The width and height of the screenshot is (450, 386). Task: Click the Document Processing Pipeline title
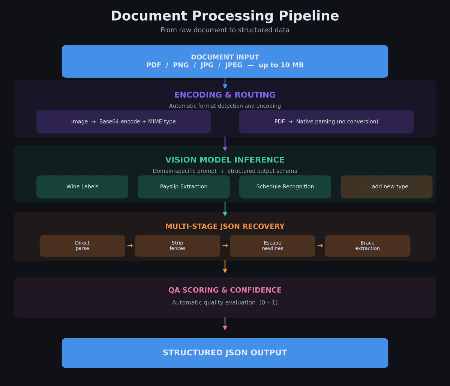(x=225, y=17)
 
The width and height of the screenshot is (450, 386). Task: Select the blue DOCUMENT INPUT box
(x=225, y=61)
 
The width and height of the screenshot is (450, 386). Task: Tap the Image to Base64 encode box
(x=123, y=122)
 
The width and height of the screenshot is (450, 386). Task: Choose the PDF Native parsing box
(x=326, y=122)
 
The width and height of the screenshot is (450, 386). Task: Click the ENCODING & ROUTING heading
(x=225, y=95)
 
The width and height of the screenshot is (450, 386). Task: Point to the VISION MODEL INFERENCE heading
(x=225, y=160)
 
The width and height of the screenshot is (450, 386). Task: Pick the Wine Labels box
(x=82, y=187)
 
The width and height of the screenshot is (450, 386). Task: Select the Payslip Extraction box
(x=184, y=187)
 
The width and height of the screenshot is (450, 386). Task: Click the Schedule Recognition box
(x=285, y=187)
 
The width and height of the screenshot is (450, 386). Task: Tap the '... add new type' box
(x=386, y=187)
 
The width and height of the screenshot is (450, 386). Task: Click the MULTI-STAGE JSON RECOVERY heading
(x=225, y=227)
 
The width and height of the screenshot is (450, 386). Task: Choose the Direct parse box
(x=82, y=246)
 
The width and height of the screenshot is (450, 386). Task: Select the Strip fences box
(x=177, y=246)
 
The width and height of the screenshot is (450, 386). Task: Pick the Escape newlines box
(x=272, y=246)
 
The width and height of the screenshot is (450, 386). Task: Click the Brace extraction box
(x=367, y=246)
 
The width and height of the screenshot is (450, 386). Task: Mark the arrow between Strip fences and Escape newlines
(x=225, y=246)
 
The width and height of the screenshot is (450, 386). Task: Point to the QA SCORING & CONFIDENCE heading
(x=225, y=290)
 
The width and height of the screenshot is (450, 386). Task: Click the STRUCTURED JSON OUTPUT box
(x=225, y=353)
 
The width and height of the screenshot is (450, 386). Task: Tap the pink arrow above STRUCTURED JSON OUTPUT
(x=225, y=323)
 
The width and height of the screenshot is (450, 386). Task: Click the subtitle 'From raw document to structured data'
(x=225, y=30)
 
